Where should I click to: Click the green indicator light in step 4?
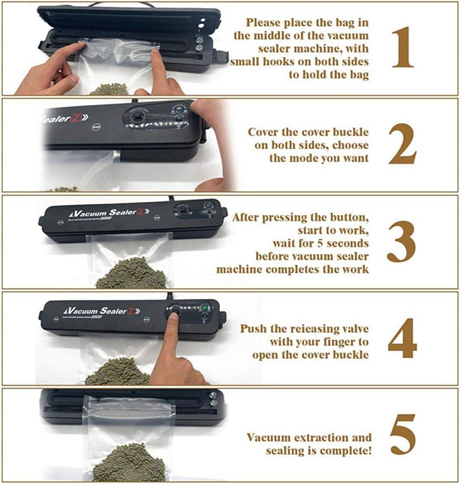coord(204,313)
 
